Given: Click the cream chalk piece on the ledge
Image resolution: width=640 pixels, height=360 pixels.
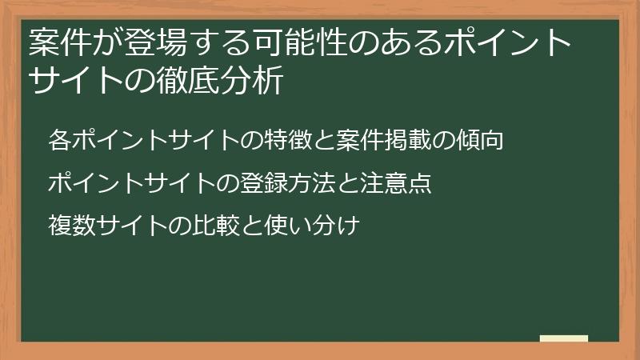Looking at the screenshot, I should pos(563,338).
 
